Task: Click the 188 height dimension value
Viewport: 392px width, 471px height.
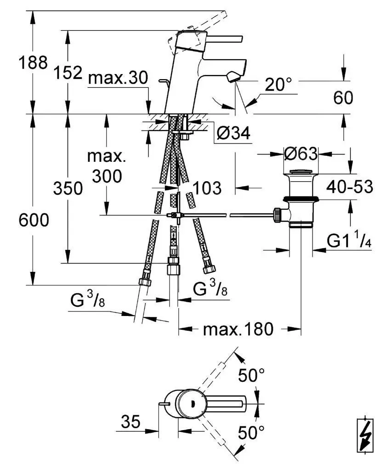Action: tap(33, 63)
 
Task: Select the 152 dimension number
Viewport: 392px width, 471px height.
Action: tap(68, 72)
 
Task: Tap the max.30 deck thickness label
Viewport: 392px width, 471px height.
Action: tap(118, 78)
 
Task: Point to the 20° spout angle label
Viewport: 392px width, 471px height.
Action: tap(278, 84)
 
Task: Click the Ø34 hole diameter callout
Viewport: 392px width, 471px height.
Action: tap(233, 133)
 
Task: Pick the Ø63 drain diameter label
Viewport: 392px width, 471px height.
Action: tap(301, 154)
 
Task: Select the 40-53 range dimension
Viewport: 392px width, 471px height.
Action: tap(350, 187)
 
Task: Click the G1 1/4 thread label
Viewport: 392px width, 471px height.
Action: tap(349, 241)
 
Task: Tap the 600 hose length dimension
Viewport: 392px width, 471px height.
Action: tap(34, 220)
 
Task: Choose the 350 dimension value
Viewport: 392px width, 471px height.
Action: tap(68, 188)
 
